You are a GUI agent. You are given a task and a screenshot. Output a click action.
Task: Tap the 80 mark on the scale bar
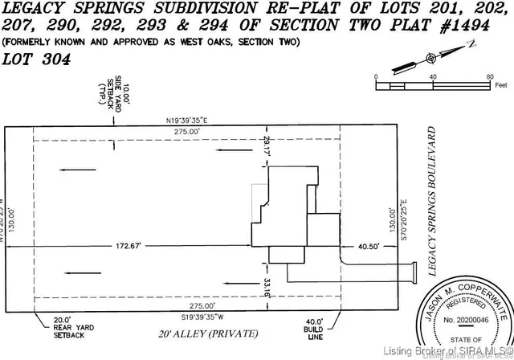click(489, 76)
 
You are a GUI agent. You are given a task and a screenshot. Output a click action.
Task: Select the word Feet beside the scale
click(503, 83)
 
